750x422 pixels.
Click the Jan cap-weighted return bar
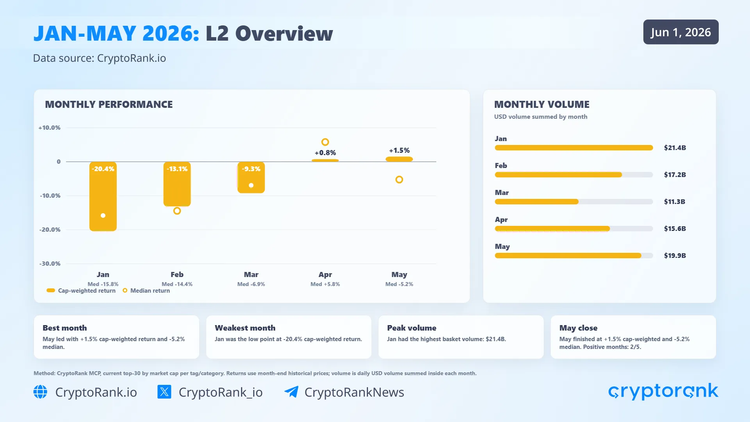[x=103, y=197]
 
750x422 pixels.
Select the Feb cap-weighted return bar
[x=177, y=184]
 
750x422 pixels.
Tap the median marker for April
[x=325, y=142]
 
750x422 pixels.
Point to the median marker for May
[x=399, y=180]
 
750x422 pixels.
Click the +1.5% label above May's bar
[x=399, y=150]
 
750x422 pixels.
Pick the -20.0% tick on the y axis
[x=50, y=230]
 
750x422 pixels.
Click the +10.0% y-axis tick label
[x=49, y=128]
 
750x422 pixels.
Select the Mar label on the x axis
[x=251, y=275]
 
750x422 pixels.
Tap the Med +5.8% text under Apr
[x=325, y=284]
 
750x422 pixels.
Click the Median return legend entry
[x=146, y=291]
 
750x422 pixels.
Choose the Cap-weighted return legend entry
[x=81, y=291]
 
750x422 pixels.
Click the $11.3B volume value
[x=675, y=202]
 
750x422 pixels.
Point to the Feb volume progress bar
[x=574, y=175]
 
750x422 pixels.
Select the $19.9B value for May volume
[x=675, y=256]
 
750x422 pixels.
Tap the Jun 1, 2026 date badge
[x=681, y=32]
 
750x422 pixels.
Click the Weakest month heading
[x=245, y=328]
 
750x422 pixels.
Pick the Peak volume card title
[x=412, y=328]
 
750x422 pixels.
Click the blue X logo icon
[x=164, y=392]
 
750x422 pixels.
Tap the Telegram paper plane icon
[x=291, y=392]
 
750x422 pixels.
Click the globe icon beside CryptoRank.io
[x=40, y=392]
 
